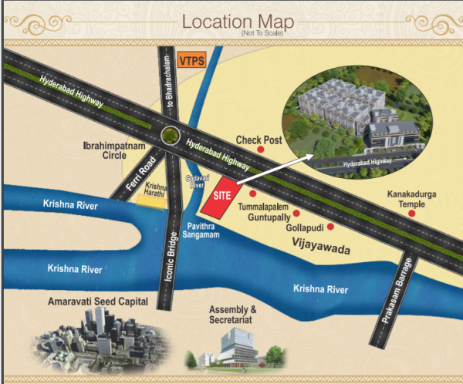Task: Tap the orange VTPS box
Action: click(x=190, y=59)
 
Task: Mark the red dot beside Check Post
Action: click(x=261, y=152)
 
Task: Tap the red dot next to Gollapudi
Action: click(x=330, y=227)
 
